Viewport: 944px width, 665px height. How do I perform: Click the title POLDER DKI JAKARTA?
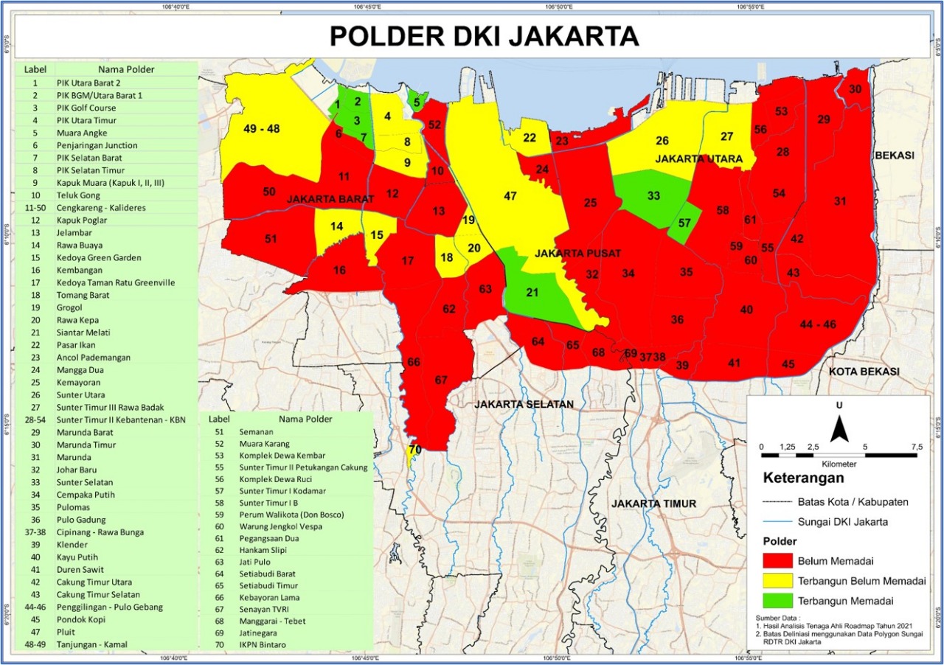click(x=483, y=35)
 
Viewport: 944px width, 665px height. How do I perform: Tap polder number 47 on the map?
click(x=510, y=196)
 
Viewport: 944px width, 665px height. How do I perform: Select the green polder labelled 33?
click(x=653, y=195)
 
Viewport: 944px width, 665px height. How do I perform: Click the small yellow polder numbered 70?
click(x=414, y=449)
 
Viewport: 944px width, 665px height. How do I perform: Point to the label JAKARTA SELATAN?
click(x=524, y=404)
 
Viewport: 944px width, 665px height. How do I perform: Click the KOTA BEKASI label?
click(x=864, y=372)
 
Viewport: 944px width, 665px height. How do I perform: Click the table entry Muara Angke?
click(x=81, y=133)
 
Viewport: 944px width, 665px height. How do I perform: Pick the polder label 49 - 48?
click(x=262, y=128)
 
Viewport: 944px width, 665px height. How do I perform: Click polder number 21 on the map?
click(x=532, y=292)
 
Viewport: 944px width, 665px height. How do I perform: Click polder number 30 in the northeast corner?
click(x=855, y=89)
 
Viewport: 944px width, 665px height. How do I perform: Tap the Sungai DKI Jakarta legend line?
click(x=777, y=521)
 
